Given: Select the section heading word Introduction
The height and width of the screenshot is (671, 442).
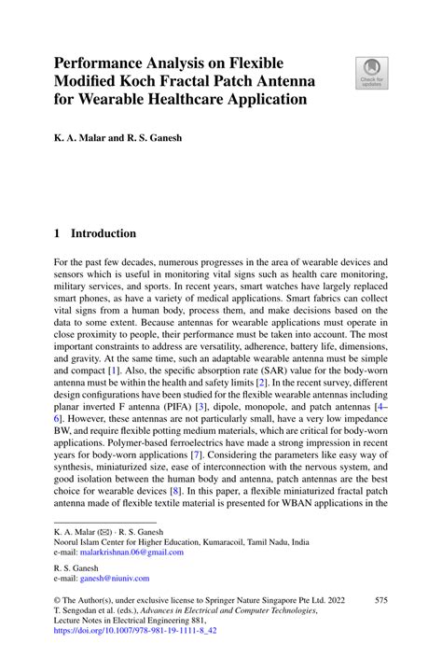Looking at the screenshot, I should (104, 233).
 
